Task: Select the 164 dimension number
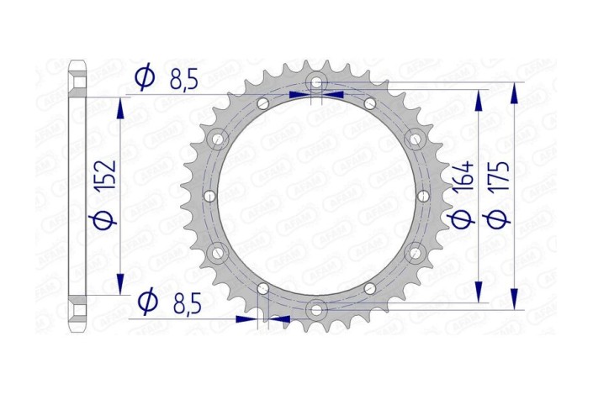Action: click(462, 178)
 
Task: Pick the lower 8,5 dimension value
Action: click(183, 301)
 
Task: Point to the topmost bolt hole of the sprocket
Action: click(315, 82)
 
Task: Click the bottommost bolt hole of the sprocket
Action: click(315, 308)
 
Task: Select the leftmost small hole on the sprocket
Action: click(209, 196)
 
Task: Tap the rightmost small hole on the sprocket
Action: click(421, 196)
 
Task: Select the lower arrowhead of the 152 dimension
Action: click(122, 283)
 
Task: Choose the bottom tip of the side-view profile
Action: click(77, 329)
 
